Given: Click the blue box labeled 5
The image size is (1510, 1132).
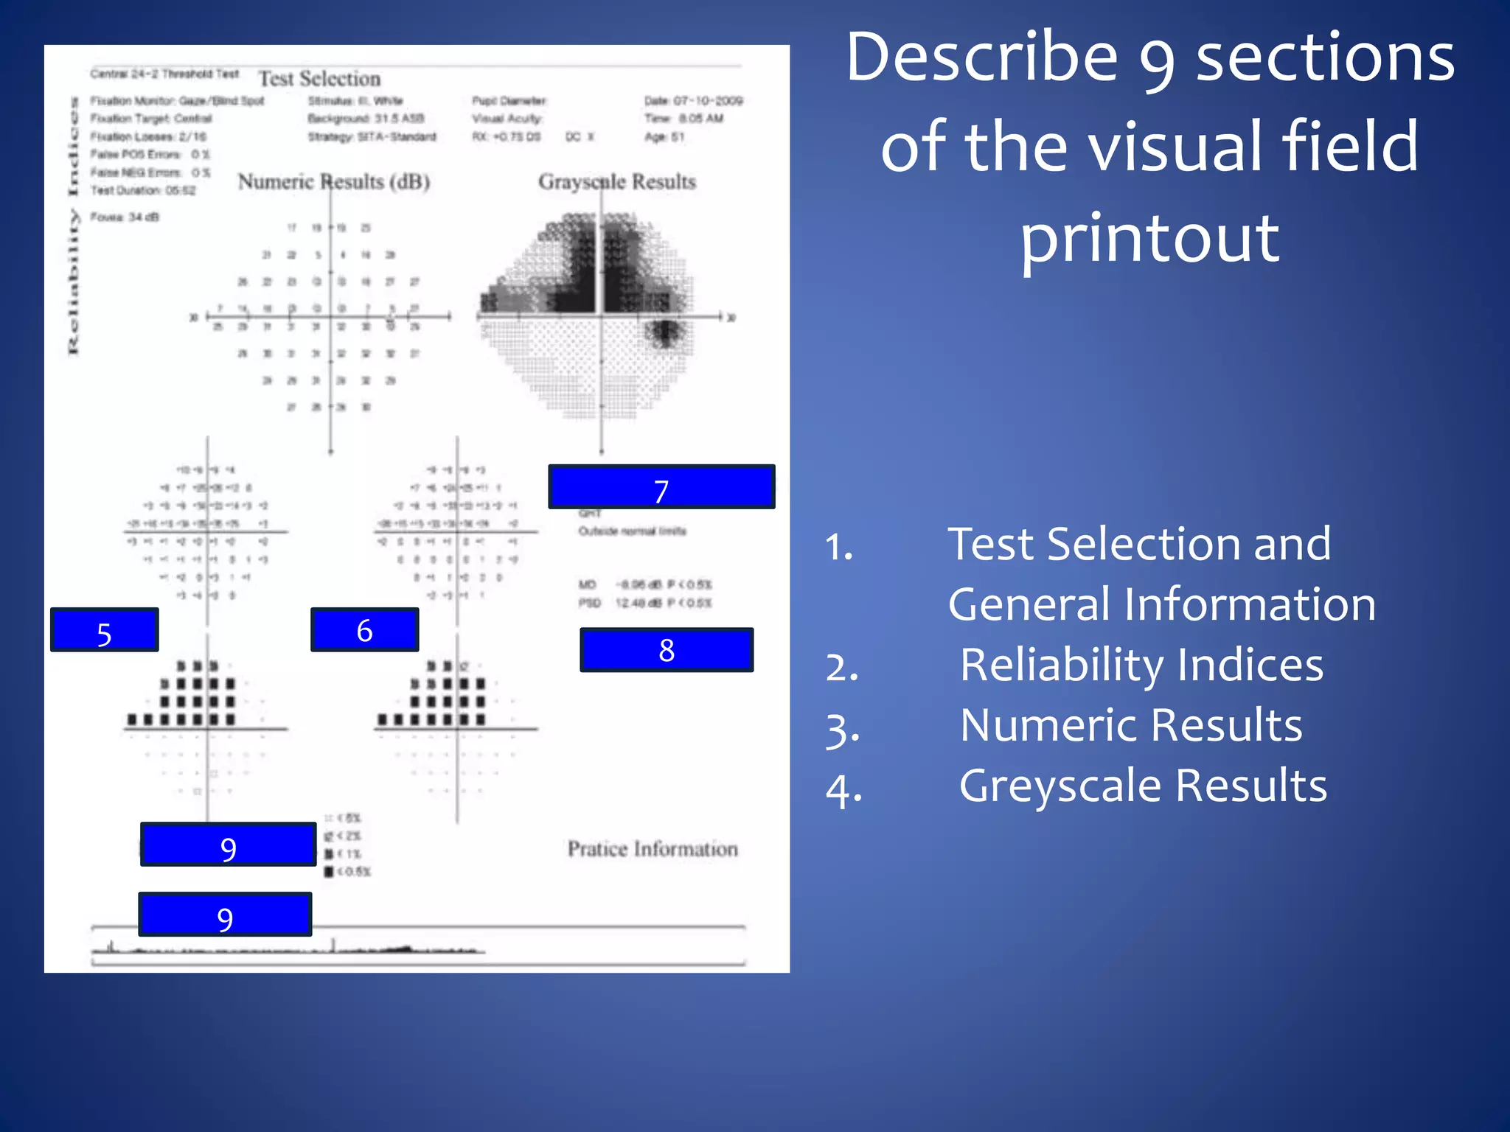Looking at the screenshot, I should tap(104, 630).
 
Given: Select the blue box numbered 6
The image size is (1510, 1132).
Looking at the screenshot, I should tap(364, 630).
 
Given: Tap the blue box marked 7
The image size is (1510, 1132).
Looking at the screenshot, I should tap(661, 487).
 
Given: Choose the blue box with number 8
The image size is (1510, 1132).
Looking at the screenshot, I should tap(667, 650).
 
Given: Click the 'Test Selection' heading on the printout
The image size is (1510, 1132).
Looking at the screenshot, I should tap(319, 79).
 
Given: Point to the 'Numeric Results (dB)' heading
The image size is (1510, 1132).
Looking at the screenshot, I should tap(334, 182).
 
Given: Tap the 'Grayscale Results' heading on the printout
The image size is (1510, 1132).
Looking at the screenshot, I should tap(617, 182).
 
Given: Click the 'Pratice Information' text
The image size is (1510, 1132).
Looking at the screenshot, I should tap(653, 849).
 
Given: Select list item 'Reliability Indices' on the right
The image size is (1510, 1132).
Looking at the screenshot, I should tap(1141, 665).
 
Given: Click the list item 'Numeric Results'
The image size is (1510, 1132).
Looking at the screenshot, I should tap(1131, 725).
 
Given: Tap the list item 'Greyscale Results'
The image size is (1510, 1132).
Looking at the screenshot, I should tap(1143, 786).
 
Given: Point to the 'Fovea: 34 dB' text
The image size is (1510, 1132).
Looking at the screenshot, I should tap(125, 217).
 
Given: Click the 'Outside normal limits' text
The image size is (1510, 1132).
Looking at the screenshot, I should tap(632, 531).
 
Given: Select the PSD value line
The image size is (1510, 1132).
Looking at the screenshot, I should tap(645, 604).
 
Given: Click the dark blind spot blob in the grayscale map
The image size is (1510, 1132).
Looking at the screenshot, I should tap(666, 332).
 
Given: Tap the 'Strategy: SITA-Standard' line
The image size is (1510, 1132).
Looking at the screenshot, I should tap(372, 137).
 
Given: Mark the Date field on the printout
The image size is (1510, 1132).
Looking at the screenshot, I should tap(693, 101).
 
